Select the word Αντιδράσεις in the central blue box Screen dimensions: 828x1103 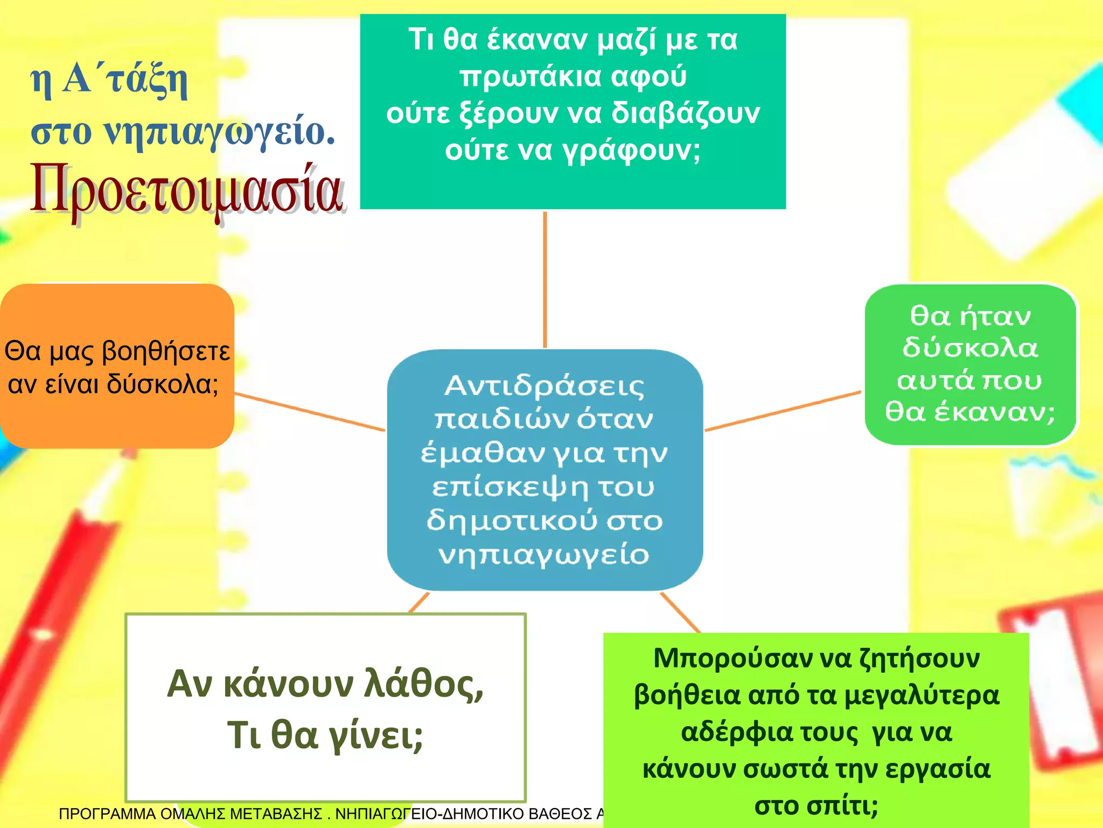coord(544,386)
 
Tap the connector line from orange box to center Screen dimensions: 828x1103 coord(310,412)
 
